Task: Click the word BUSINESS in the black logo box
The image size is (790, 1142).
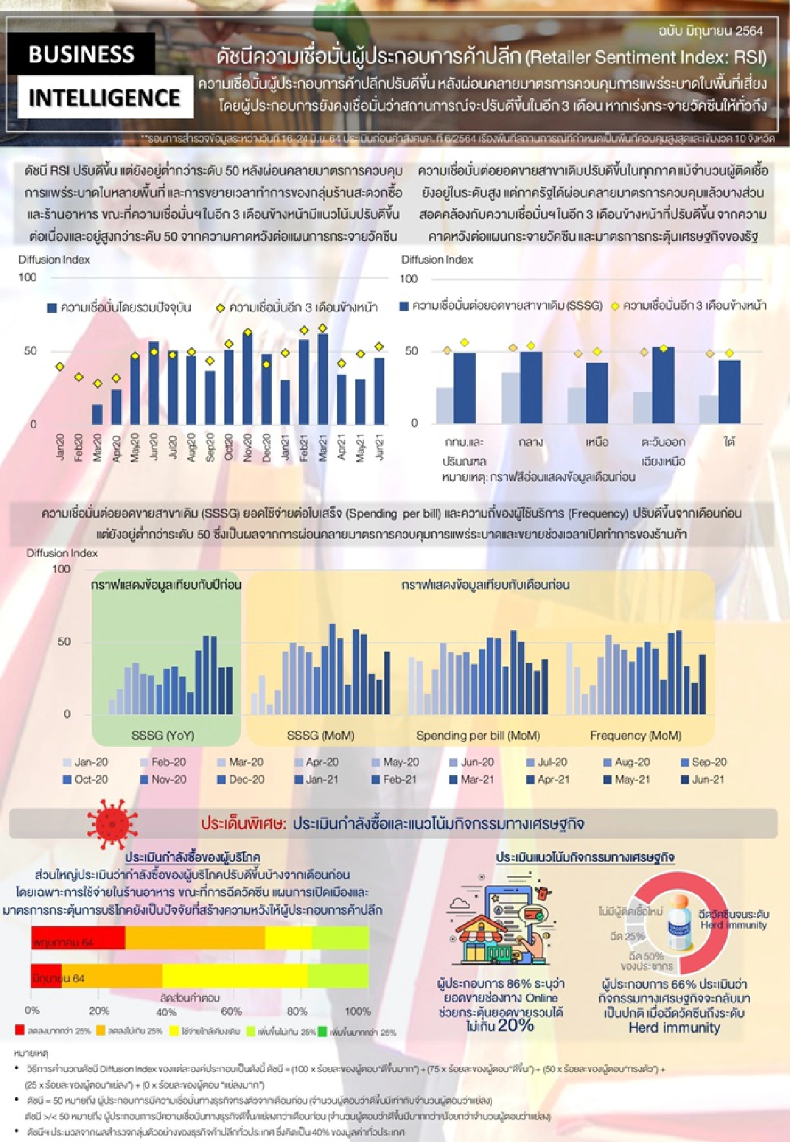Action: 81,54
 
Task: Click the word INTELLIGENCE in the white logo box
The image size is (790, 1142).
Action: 104,97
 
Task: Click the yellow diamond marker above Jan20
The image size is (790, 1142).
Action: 60,367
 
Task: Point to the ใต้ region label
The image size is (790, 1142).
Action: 729,442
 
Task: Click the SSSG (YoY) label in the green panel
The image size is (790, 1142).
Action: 163,735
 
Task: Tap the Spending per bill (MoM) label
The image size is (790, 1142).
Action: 478,735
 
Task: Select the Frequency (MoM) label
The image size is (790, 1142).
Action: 635,735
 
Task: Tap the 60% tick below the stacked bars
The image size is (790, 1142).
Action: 231,1011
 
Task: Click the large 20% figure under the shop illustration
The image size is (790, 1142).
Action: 515,1025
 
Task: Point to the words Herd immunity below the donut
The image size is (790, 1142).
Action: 674,1027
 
